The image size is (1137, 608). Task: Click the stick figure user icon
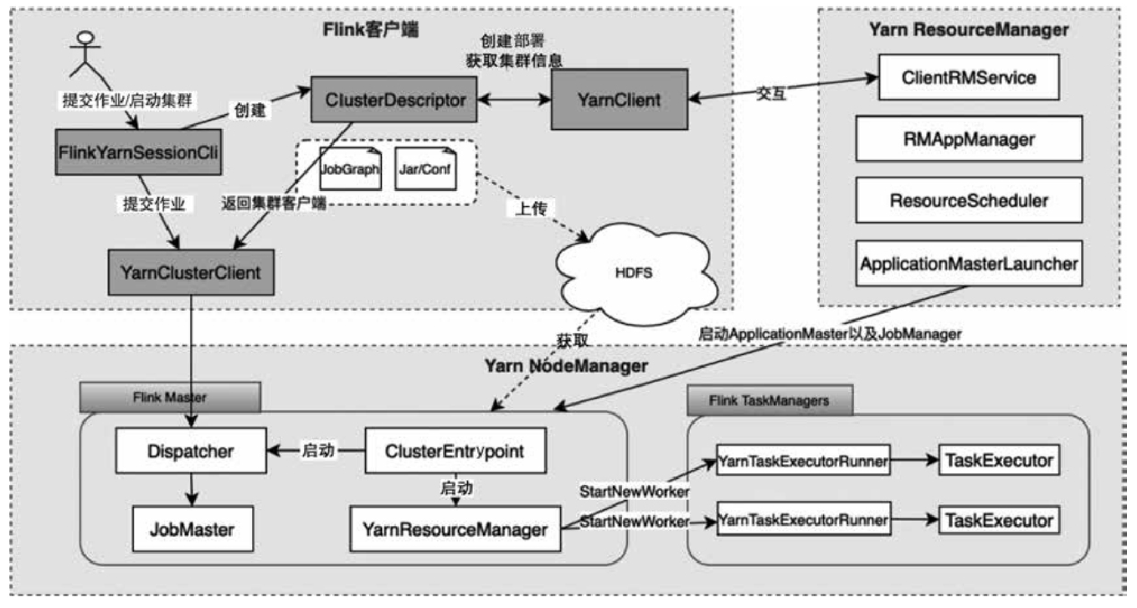click(x=81, y=52)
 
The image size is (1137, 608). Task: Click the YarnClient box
click(x=618, y=100)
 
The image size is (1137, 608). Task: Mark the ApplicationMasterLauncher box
click(x=968, y=262)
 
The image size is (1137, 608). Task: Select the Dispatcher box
click(x=192, y=451)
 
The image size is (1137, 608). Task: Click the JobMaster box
click(x=192, y=529)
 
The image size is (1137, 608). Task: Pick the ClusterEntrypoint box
click(x=455, y=451)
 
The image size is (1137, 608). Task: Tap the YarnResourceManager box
click(x=455, y=529)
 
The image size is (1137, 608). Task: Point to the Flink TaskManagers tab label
click(x=768, y=400)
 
